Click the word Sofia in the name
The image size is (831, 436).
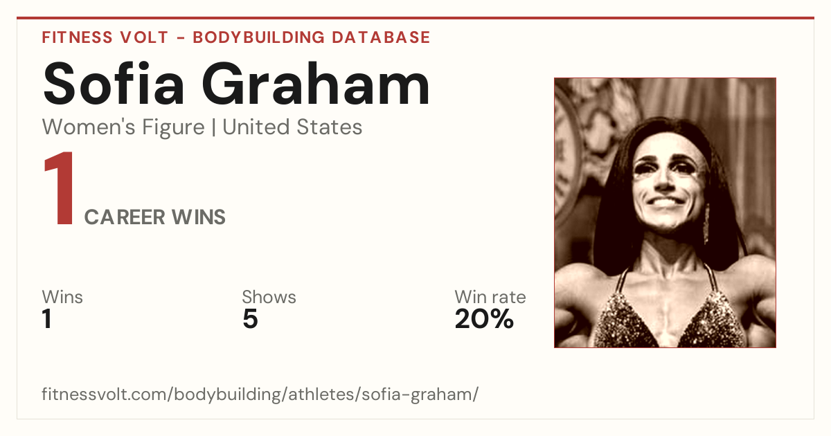click(113, 84)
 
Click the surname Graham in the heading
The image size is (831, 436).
click(316, 84)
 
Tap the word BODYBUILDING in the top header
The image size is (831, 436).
click(258, 37)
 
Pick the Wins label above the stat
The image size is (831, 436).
click(62, 297)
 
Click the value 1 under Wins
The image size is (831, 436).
click(47, 319)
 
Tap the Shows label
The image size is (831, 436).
click(269, 297)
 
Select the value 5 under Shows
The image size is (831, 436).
click(251, 319)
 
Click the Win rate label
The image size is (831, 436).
click(490, 297)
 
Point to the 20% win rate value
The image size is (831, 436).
click(484, 319)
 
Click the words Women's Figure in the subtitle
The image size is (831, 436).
click(123, 127)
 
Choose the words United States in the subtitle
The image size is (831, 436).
click(292, 127)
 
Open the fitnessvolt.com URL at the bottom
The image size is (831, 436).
click(260, 394)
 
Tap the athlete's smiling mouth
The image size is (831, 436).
click(665, 202)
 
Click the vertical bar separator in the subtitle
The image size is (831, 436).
click(214, 127)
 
